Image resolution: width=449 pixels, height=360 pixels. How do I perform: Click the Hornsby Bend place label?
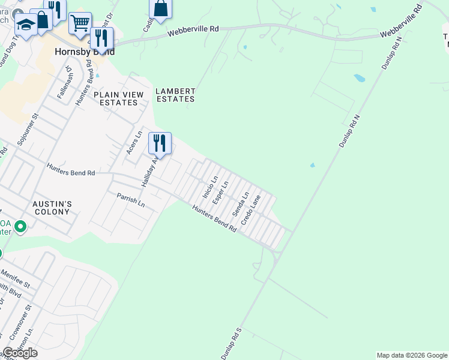[x=85, y=52]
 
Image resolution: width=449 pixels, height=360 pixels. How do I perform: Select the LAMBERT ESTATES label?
[x=175, y=95]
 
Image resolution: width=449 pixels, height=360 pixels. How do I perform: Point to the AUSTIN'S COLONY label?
[x=52, y=208]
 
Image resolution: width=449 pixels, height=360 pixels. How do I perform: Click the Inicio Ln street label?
[x=209, y=187]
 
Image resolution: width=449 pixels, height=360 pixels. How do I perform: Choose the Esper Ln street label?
[x=221, y=191]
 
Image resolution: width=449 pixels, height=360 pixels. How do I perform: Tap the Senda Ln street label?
[x=241, y=204]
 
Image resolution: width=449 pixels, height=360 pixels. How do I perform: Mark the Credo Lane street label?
[x=251, y=210]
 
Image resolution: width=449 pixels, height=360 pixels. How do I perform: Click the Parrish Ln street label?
[x=131, y=200]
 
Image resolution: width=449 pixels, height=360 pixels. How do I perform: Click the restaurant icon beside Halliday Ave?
[x=160, y=143]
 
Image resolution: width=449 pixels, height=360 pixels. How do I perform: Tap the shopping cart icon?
[x=80, y=23]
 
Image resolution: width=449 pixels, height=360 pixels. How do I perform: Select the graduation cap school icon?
[x=26, y=26]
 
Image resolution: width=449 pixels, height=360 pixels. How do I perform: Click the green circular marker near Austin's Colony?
[x=20, y=226]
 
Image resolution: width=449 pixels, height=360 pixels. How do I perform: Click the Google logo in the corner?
[x=20, y=353]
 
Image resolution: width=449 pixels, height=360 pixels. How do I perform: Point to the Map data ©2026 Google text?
[x=411, y=355]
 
